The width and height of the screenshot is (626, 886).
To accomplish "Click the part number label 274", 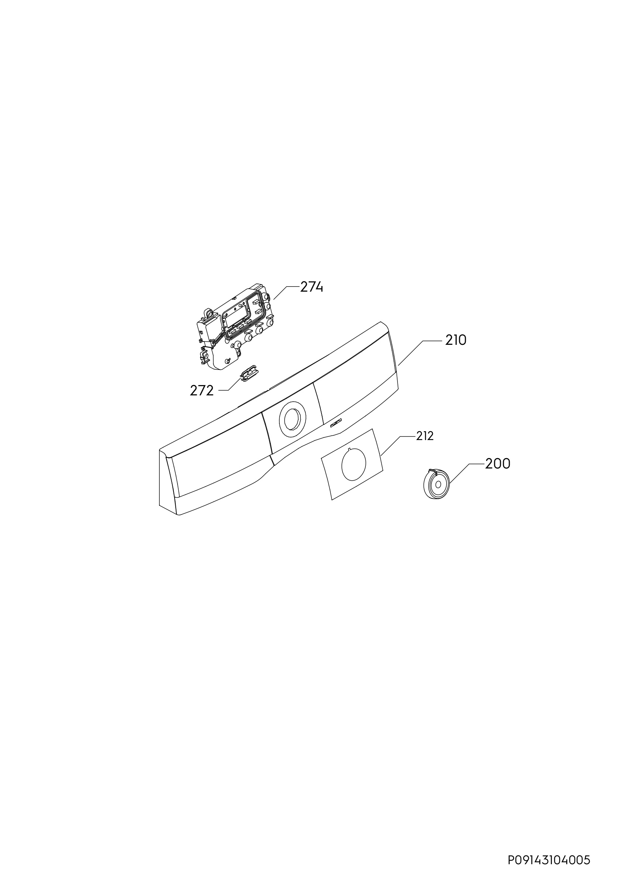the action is (312, 287).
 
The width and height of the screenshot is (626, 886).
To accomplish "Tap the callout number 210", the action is (456, 340).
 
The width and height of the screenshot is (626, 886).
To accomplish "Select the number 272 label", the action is (202, 391).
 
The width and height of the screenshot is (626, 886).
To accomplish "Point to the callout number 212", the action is (425, 436).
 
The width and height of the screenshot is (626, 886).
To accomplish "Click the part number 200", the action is (498, 464).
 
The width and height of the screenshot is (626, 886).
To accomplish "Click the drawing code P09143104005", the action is (549, 849).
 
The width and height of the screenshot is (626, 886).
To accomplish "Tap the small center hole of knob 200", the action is (438, 484).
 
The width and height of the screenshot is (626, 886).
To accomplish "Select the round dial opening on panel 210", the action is (292, 419).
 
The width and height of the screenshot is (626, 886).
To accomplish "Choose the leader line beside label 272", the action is (230, 385).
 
